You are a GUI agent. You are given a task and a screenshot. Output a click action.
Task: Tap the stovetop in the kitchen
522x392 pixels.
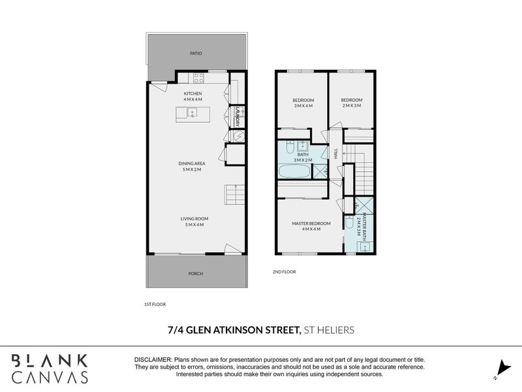click(x=199, y=78)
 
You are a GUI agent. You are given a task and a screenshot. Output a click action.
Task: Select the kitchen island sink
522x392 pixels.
click(x=192, y=113)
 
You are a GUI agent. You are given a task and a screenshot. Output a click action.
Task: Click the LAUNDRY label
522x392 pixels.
click(x=238, y=116)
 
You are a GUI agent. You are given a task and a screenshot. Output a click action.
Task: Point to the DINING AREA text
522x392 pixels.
click(x=192, y=166)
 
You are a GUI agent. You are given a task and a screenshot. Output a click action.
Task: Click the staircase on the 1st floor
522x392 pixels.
click(x=234, y=195)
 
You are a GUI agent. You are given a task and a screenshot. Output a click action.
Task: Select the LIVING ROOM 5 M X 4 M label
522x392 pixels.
click(x=192, y=221)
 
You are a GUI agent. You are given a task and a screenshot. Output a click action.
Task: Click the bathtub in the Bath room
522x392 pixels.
click(x=294, y=172)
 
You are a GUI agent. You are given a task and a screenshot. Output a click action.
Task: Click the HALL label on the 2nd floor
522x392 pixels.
click(x=335, y=154)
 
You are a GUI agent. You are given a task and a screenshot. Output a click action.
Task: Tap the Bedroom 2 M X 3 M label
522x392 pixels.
click(x=351, y=103)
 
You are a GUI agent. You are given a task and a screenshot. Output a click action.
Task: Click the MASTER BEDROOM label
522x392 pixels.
click(x=311, y=226)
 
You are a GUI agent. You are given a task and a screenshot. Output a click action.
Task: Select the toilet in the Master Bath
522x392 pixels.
click(x=350, y=223)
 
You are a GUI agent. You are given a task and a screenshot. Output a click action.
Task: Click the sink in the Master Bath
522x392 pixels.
click(x=365, y=246)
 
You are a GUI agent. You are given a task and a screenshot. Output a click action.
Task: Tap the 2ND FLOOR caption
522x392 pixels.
click(x=284, y=271)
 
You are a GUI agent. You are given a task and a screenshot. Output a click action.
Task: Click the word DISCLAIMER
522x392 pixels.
click(x=153, y=360)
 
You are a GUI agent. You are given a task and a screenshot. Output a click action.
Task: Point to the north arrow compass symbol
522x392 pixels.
click(x=500, y=368)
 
